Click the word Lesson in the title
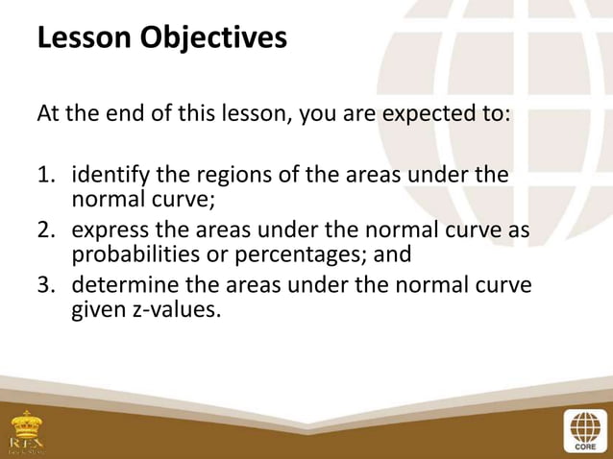tap(84, 38)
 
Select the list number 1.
tap(45, 178)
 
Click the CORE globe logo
tap(583, 428)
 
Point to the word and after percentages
tap(391, 255)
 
